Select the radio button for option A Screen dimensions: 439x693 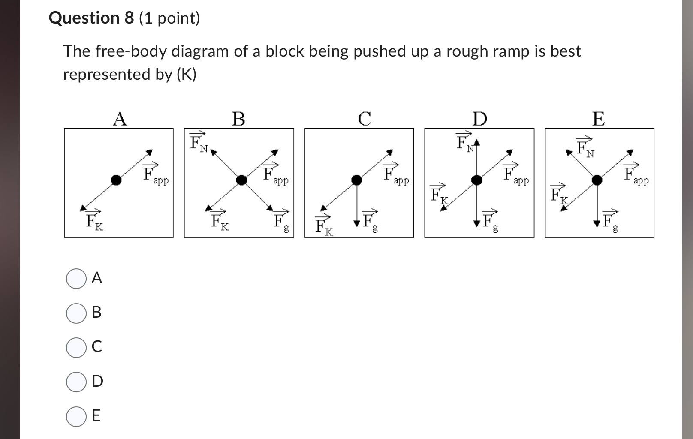pos(76,279)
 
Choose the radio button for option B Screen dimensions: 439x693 pos(76,313)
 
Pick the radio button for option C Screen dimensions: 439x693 pos(76,347)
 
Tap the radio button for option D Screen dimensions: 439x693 pos(76,382)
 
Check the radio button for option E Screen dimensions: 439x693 pos(76,416)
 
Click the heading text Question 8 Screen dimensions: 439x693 pos(91,18)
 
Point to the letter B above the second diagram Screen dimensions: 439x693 pos(238,119)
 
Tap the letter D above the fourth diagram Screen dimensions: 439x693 pos(479,119)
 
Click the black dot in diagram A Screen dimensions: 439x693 pos(116,180)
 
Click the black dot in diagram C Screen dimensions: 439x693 pos(356,180)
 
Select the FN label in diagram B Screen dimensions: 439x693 pos(199,142)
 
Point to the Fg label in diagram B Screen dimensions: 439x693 pos(281,222)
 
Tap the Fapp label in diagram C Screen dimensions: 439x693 pos(395,174)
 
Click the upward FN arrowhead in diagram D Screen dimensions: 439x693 pos(476,143)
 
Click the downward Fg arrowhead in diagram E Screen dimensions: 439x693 pos(597,223)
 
